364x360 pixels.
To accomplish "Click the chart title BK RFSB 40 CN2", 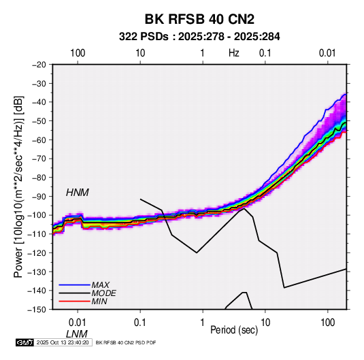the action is point(199,19).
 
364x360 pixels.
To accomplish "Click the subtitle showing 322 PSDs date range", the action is point(199,37).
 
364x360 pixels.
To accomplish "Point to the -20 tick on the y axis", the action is point(39,65).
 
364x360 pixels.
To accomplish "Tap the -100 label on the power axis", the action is point(37,215).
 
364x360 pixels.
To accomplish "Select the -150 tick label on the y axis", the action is point(37,310).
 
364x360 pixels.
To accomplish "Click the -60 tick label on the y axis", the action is point(39,140).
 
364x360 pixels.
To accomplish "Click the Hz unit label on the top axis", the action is point(234,53).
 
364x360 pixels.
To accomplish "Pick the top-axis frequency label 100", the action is point(78,53).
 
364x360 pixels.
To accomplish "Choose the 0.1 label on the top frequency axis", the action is point(265,53).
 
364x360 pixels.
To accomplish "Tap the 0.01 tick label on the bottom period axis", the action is point(78,323).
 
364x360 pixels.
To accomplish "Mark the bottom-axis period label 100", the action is point(327,323).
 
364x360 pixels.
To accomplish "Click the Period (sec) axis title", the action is point(234,330).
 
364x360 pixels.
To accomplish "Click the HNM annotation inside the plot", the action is point(78,193).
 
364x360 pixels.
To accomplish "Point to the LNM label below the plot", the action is point(77,334).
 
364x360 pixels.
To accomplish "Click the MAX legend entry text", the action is point(100,284).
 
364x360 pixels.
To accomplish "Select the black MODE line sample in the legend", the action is point(75,293).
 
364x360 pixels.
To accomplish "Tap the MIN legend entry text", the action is point(99,301).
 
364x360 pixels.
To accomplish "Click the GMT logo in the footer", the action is point(24,342).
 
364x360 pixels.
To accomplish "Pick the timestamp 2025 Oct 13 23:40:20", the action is point(63,342).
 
